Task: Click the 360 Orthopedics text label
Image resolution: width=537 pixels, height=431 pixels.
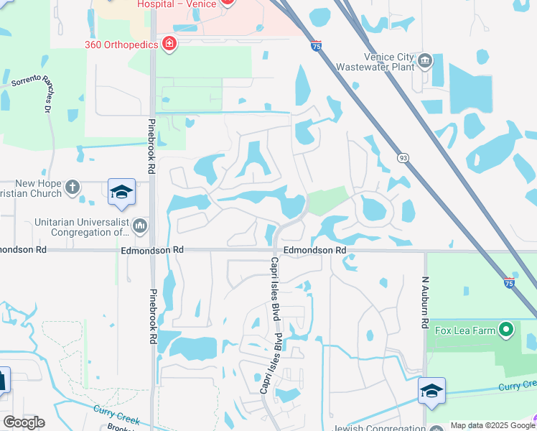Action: pos(121,45)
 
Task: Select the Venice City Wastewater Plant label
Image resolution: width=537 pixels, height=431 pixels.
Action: pos(390,63)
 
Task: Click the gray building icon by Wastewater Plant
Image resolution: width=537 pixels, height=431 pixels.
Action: pos(425,60)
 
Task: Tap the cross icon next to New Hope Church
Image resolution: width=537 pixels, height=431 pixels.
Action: pos(72,188)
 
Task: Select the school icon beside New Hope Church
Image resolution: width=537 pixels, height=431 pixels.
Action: pos(122,192)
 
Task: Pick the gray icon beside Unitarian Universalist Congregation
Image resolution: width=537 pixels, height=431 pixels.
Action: pos(140,227)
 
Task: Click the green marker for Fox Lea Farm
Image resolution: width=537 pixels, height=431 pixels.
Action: pos(507,330)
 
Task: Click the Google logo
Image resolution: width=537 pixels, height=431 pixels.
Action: pos(24,422)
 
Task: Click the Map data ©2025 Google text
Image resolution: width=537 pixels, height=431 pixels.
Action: pos(492,425)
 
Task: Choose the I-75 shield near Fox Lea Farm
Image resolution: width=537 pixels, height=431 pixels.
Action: pos(509,283)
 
